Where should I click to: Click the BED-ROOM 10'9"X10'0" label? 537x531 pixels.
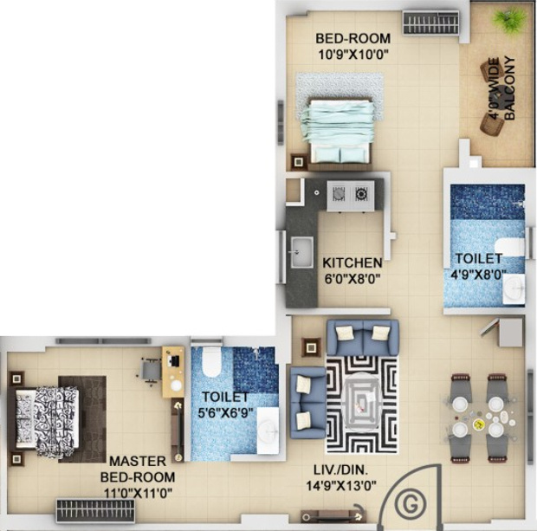353,45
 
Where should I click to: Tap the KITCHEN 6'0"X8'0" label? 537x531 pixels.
352,269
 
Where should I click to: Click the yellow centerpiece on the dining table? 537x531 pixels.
479,425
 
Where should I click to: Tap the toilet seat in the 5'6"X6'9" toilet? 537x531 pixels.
210,365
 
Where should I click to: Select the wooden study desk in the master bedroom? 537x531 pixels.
173,372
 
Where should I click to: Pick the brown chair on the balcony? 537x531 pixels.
492,125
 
